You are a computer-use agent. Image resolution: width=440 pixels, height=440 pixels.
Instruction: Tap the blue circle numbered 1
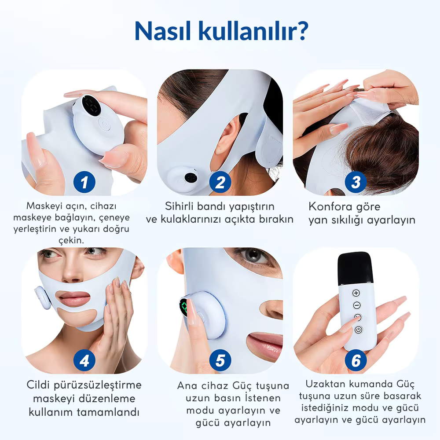point(84,182)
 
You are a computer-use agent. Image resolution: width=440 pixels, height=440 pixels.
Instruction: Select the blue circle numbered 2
point(220,182)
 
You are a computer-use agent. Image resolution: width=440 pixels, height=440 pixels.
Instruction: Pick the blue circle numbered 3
point(356,182)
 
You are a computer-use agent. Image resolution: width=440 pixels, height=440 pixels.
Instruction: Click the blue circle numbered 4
point(84,361)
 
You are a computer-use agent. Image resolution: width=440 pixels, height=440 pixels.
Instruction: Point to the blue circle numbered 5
point(220,361)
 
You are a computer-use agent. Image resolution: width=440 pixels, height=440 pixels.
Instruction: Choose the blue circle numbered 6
point(356,361)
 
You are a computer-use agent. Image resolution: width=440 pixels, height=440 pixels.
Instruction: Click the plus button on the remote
point(356,293)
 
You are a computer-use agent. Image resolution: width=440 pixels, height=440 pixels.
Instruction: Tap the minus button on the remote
point(356,305)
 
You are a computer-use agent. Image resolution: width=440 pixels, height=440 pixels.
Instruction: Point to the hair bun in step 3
point(387,145)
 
